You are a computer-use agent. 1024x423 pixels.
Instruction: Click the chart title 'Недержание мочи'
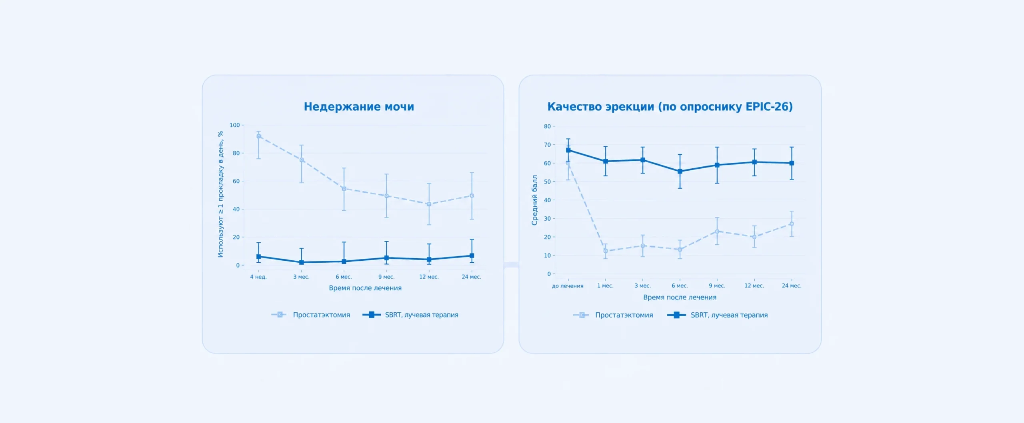359,107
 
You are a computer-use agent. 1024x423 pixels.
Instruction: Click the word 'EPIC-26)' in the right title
769,107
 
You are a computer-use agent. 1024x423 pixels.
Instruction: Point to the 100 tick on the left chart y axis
235,125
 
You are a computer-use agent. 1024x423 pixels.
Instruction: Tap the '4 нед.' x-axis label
258,277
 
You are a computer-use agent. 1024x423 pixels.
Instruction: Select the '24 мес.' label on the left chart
472,277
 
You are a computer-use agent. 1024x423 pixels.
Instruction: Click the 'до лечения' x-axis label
568,286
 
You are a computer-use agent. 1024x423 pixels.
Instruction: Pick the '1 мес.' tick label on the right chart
605,286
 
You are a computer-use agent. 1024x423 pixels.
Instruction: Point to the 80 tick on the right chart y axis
547,126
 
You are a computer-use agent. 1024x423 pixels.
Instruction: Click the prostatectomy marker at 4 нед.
258,136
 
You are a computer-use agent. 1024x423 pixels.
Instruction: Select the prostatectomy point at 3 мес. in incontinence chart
302,160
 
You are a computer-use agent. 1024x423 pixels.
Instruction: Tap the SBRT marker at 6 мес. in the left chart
344,261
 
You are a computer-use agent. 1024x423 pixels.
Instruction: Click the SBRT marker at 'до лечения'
568,150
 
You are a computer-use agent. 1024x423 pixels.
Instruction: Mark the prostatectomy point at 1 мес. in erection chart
606,251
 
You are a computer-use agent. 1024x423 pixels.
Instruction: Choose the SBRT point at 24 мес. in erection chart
792,163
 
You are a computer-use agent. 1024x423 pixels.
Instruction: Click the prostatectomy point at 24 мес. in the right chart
792,224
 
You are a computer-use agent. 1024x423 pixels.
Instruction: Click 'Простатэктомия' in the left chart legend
321,315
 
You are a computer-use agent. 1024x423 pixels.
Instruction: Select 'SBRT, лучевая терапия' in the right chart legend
729,315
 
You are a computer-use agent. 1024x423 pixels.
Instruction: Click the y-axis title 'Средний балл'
534,200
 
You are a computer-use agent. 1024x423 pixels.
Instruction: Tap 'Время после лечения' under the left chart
365,288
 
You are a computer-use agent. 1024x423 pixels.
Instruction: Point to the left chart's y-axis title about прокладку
220,194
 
